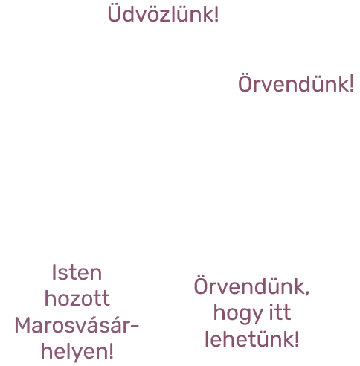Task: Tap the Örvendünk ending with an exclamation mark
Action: point(294,83)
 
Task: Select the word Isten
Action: point(77,272)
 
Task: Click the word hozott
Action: point(77,298)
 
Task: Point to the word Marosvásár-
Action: point(77,324)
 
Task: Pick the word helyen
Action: point(74,351)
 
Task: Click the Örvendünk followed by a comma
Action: point(249,286)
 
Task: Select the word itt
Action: point(280,312)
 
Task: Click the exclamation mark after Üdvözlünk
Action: point(216,14)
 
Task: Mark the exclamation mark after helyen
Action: point(111,351)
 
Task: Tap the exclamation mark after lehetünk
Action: point(297,338)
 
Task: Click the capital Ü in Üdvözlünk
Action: point(115,13)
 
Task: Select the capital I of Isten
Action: point(54,272)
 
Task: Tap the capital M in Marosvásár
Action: point(23,325)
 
